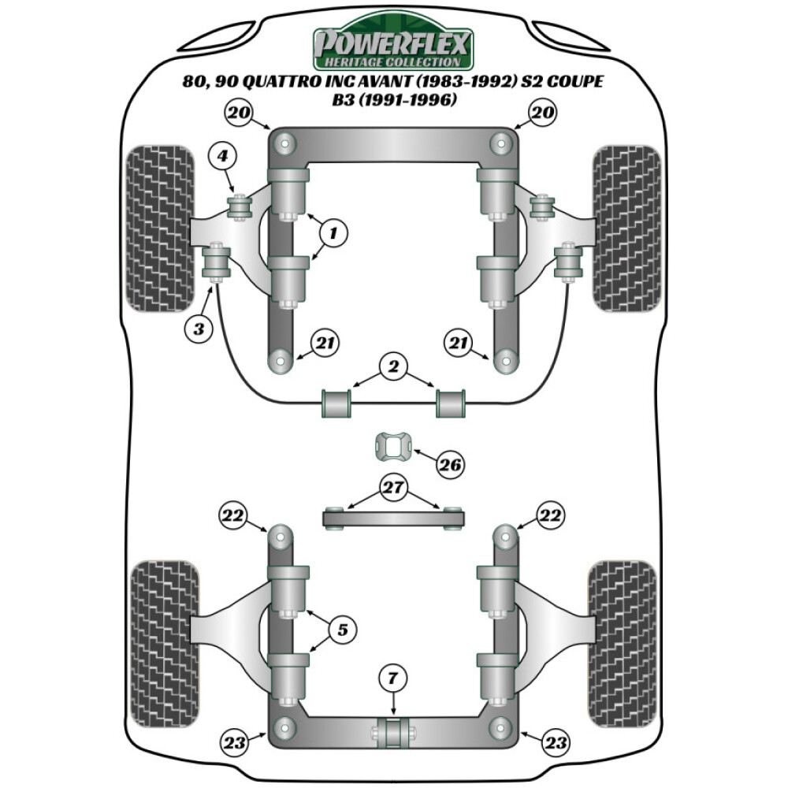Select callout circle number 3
[199, 328]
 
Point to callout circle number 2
[392, 366]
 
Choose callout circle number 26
[451, 465]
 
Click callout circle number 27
[392, 489]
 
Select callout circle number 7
[392, 676]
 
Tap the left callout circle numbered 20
[240, 113]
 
